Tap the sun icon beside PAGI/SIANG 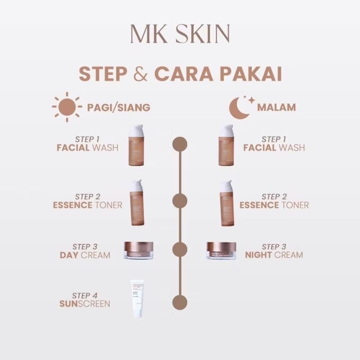point(66,107)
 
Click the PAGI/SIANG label point(118,108)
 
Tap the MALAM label point(276,108)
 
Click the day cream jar point(139,250)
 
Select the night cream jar point(221,250)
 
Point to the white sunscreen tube point(137,299)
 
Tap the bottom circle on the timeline point(180,301)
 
